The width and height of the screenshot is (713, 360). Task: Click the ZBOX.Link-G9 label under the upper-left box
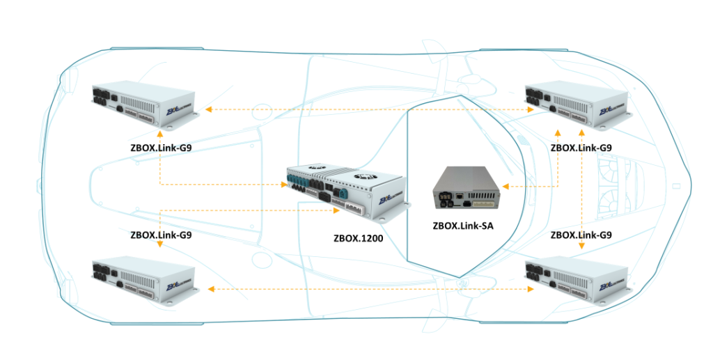click(161, 148)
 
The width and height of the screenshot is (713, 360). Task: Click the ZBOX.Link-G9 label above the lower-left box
click(161, 235)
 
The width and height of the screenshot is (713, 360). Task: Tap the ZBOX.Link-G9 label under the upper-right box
click(581, 148)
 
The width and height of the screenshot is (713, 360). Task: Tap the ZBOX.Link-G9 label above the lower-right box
click(581, 235)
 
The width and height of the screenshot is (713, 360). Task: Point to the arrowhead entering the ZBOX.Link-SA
click(506, 186)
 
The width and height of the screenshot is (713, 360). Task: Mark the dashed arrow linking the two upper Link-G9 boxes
click(369, 109)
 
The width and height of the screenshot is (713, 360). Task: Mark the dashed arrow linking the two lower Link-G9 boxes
click(369, 288)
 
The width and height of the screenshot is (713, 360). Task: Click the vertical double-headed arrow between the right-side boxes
click(581, 188)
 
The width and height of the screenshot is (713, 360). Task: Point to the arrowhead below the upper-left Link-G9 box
click(160, 132)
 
